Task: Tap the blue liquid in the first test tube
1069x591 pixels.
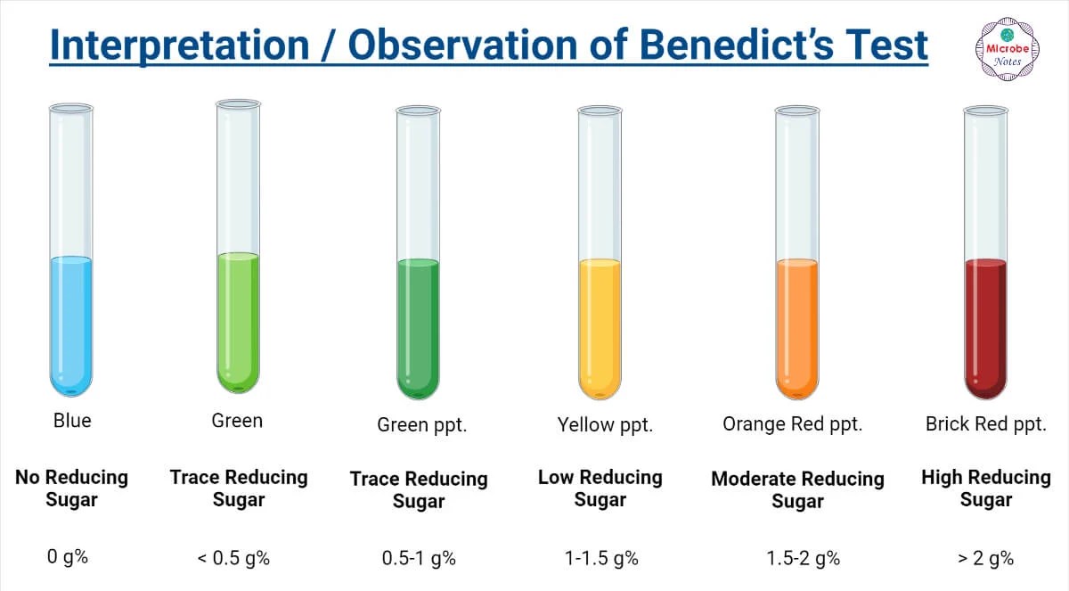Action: click(70, 325)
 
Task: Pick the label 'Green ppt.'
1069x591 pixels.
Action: click(421, 425)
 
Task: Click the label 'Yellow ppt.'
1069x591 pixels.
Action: click(605, 425)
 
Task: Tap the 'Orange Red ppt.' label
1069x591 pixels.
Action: click(792, 424)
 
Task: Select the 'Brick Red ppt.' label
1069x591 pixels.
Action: click(985, 424)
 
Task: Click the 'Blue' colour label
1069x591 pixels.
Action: click(72, 420)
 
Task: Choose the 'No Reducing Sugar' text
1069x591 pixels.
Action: click(71, 488)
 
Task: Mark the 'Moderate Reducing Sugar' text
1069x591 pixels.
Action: click(797, 490)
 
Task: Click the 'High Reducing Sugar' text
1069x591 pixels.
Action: click(985, 488)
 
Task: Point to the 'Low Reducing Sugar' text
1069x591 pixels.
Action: click(600, 488)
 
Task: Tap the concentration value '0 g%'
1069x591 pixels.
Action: click(68, 558)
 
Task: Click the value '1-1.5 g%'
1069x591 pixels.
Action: click(600, 559)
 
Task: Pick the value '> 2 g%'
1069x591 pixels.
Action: click(985, 559)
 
